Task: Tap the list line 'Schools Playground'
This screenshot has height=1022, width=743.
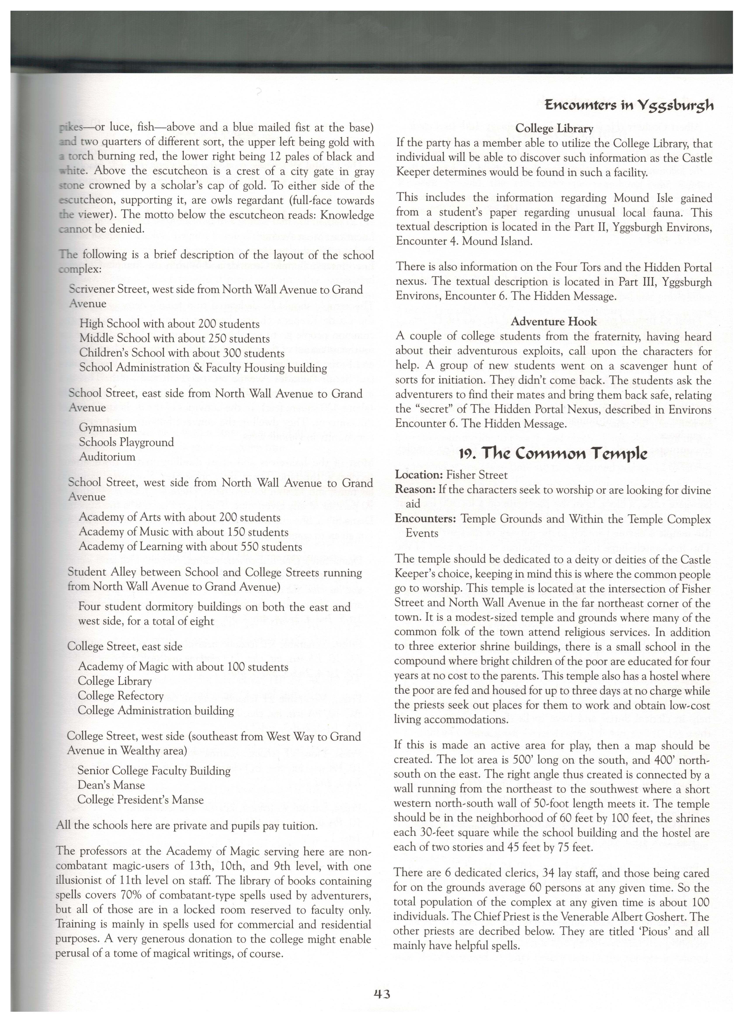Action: point(126,442)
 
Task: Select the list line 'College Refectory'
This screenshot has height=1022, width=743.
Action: point(121,696)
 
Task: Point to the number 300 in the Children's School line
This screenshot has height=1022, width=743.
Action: point(233,353)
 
